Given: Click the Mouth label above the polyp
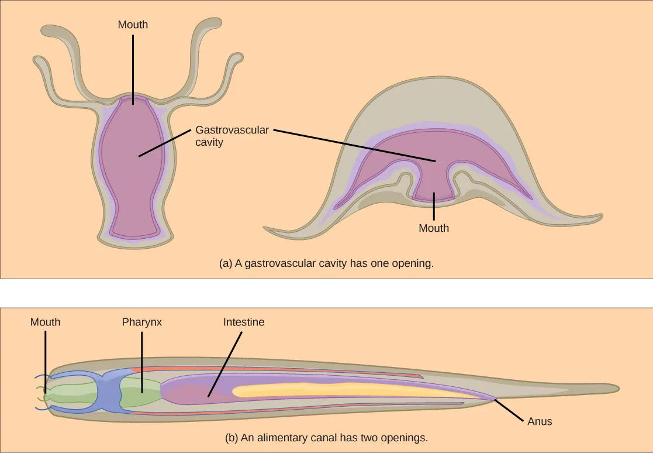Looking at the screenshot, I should point(133,25).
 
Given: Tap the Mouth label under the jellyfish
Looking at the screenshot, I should point(434,228).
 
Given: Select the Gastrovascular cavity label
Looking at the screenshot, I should point(232,136).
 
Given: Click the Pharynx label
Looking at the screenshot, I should point(141,322).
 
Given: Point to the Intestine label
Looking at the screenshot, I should point(244,322).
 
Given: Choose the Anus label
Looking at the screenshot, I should point(539,421).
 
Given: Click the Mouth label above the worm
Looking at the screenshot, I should point(45,322).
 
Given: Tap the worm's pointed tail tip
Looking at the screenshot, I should point(617,388).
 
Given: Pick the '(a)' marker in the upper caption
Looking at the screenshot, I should point(226,263).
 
